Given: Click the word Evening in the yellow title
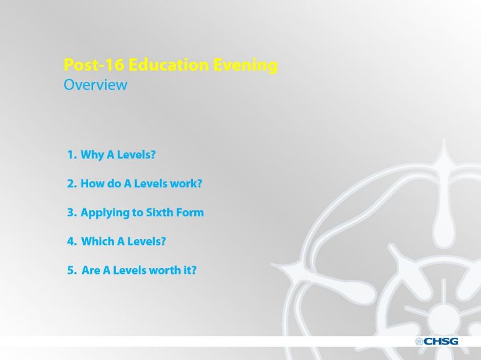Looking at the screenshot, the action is click(x=245, y=65).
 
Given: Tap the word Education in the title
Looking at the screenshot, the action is click(x=168, y=65).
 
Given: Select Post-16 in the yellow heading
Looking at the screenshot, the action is click(x=94, y=65).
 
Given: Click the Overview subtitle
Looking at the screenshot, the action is click(x=96, y=85).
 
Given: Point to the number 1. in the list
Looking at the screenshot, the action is click(x=72, y=155).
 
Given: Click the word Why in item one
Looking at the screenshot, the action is click(x=92, y=155).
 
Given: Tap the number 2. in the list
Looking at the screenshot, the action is click(x=72, y=183).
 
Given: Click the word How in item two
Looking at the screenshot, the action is click(x=91, y=183).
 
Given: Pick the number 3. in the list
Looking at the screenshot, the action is click(x=72, y=213).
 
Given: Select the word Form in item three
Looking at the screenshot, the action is click(x=190, y=213).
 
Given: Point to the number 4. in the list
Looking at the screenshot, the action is click(x=72, y=241).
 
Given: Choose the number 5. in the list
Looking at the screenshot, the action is click(x=72, y=270).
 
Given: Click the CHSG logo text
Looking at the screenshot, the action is click(x=441, y=342).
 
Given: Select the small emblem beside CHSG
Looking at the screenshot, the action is click(x=419, y=342).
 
